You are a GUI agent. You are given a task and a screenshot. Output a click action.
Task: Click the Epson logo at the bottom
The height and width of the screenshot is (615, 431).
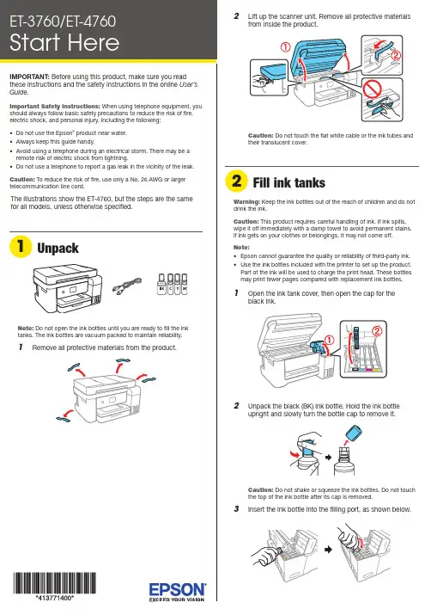pos(178,589)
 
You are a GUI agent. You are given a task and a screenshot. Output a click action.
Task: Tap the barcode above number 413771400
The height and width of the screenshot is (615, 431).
pos(54,583)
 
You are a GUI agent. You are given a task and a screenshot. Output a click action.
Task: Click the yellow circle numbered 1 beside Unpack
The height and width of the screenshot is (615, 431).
pos(21,246)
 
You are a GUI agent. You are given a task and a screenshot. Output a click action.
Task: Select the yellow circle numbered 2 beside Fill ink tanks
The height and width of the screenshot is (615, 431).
pos(236,181)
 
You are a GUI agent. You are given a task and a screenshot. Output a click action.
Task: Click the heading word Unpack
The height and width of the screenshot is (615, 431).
pos(58,248)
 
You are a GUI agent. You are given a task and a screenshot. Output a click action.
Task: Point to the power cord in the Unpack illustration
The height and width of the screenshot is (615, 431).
pos(127,286)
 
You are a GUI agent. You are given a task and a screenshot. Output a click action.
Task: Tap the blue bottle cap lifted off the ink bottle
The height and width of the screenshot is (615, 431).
pos(354,434)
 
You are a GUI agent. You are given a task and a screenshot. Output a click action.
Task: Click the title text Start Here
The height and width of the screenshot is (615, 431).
pos(64,43)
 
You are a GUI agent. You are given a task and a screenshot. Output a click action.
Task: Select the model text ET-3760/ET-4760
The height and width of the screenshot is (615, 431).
pos(63,22)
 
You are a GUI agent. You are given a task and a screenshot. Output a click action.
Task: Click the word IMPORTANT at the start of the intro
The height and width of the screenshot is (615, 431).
pos(29,77)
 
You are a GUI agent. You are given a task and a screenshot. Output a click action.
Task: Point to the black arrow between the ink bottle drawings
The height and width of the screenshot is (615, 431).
pos(329,458)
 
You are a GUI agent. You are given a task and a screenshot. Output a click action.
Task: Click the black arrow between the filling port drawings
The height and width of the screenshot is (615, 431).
pos(328,550)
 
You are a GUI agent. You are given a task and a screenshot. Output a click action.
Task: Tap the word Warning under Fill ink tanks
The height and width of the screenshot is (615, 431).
pos(246,201)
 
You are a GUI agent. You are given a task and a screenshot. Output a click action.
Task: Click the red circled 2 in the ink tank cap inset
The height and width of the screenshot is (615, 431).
pos(377,331)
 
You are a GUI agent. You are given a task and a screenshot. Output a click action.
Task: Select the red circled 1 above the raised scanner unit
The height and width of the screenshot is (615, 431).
pos(285,47)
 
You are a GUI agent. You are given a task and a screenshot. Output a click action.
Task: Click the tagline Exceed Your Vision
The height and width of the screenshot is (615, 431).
pos(177,600)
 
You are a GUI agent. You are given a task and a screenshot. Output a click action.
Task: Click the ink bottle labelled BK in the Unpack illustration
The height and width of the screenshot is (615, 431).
pos(161,284)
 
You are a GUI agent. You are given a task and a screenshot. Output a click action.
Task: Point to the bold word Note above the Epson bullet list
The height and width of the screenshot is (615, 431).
pos(241,248)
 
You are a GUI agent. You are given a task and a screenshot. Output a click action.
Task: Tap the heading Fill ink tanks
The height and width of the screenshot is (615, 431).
pos(288,182)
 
